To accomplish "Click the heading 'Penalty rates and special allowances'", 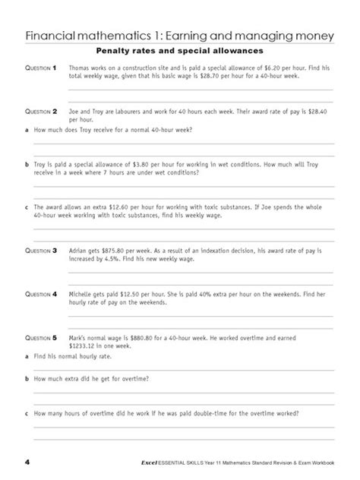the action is pyautogui.click(x=180, y=51).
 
